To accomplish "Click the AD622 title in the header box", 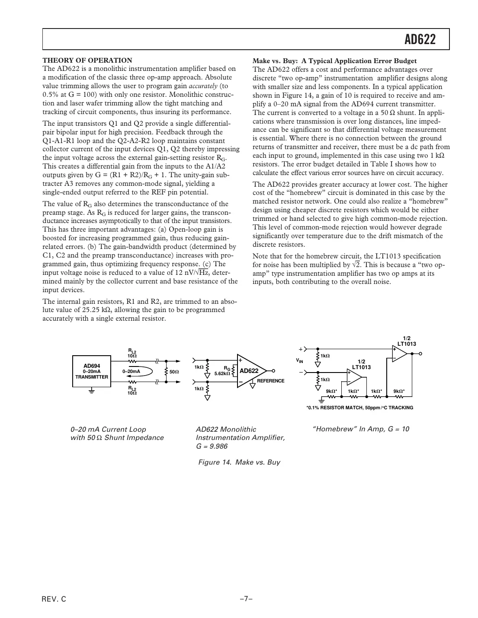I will click(x=420, y=40).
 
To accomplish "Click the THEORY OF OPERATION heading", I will click(x=87, y=61).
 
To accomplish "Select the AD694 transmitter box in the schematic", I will click(x=92, y=371).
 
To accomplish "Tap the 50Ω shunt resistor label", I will click(x=174, y=372).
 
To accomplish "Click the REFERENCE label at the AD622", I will click(x=271, y=381).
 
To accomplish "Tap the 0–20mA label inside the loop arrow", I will click(x=131, y=371).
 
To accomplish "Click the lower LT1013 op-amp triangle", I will click(x=354, y=377).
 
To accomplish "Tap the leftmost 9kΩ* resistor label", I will click(x=331, y=392).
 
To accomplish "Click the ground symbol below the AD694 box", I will click(x=92, y=390).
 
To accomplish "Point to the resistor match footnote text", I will click(x=359, y=408).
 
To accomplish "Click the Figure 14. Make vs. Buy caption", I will click(x=239, y=462).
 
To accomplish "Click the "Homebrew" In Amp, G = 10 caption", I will click(x=360, y=429).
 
